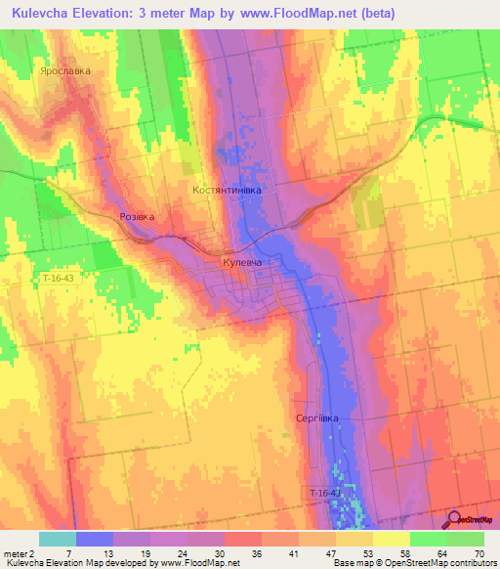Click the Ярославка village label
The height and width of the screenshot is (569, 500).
(x=65, y=71)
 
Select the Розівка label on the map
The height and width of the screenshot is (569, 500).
(x=137, y=217)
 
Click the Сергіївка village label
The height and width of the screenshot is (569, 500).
(x=317, y=418)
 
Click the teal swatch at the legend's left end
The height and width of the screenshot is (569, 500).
(x=57, y=539)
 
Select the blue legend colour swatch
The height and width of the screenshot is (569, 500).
(x=94, y=539)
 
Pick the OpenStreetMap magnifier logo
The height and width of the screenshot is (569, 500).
(x=454, y=519)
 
